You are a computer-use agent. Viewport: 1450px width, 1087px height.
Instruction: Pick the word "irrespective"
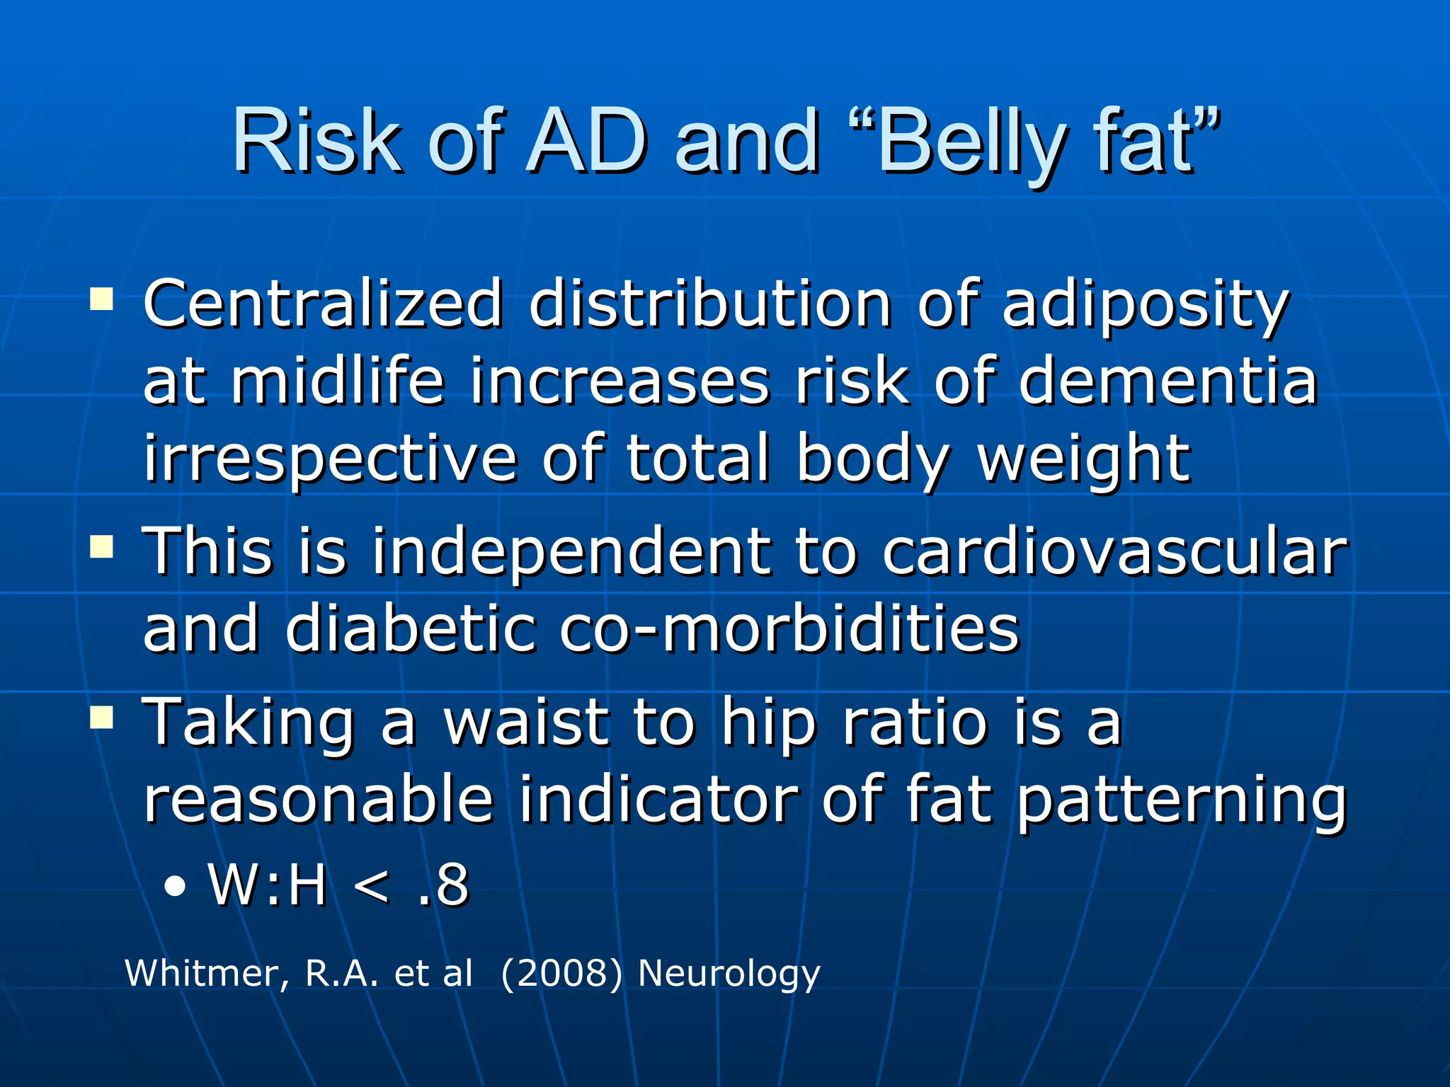tap(331, 460)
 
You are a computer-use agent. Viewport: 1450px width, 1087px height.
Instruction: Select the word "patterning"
tap(1181, 802)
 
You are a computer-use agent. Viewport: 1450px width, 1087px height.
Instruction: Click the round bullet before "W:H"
tap(174, 885)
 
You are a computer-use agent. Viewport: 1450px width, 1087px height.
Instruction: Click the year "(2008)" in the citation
tap(561, 973)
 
